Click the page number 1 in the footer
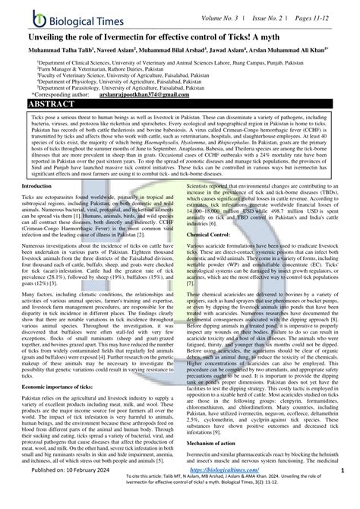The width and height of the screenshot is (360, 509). (x=343, y=492)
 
